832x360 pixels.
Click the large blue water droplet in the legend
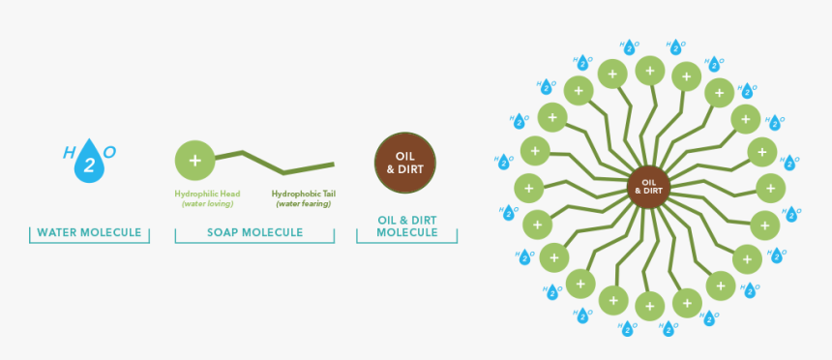click(89, 164)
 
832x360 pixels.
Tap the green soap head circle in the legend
click(194, 160)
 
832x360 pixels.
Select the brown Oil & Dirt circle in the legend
click(405, 160)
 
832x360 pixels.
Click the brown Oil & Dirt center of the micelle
click(648, 186)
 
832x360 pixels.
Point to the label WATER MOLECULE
click(89, 232)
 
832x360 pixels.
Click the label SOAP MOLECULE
click(255, 232)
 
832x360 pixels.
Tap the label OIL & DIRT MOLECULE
click(406, 226)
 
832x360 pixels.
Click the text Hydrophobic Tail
click(303, 194)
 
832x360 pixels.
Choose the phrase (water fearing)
click(303, 203)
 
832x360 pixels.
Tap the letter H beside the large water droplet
click(69, 152)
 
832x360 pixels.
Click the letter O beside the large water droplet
click(109, 152)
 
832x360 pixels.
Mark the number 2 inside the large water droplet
click(89, 166)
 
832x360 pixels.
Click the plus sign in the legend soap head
click(194, 160)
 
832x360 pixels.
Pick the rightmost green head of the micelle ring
click(770, 188)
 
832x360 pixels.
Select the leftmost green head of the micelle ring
click(528, 188)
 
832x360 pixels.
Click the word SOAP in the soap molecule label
click(225, 232)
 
